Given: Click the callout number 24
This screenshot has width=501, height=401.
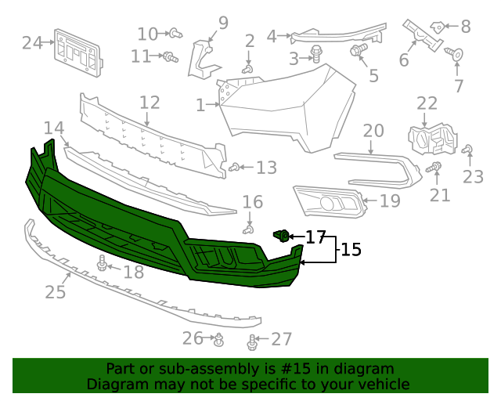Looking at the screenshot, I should [x=32, y=42].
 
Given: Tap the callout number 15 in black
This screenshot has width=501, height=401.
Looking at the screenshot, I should [x=351, y=250].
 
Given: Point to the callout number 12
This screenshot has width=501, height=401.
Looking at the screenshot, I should [x=150, y=103].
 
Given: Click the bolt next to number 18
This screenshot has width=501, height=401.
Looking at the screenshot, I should [x=102, y=264].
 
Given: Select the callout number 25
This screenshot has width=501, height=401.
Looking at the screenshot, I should [x=55, y=292].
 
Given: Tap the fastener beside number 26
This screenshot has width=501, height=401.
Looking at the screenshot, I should [x=219, y=340].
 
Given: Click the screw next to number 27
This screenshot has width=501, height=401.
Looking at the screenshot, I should [x=252, y=342].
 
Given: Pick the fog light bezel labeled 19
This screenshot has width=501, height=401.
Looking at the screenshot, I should [x=329, y=201].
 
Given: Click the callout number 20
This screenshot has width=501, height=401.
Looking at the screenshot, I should [x=373, y=131].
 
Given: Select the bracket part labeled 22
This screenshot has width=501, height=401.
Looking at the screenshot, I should [x=432, y=139].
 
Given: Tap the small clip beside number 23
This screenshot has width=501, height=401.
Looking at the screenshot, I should [x=467, y=150].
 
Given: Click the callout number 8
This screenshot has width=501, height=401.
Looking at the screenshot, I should [x=466, y=27].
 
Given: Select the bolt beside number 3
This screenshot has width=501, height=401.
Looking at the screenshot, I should [x=317, y=54].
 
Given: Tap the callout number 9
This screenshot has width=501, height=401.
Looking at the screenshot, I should [x=223, y=23].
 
